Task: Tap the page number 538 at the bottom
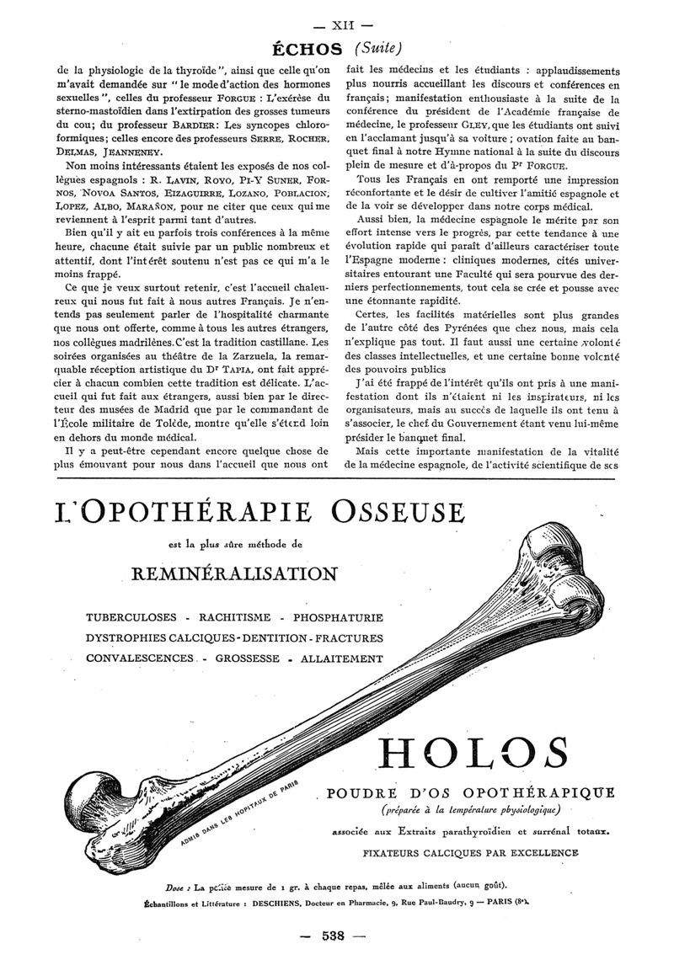click(x=336, y=936)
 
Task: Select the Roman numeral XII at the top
click(x=336, y=13)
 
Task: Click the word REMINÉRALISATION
click(x=234, y=574)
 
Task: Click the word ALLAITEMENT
click(x=342, y=658)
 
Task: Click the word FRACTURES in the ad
click(x=342, y=638)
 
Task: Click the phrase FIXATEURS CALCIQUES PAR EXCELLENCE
click(x=470, y=853)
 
